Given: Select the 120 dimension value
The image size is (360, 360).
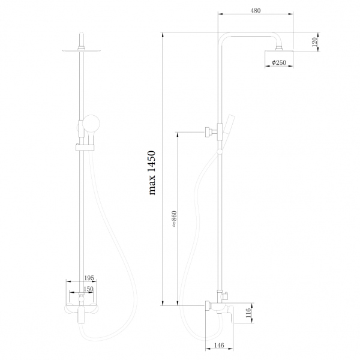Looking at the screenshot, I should tap(314, 43).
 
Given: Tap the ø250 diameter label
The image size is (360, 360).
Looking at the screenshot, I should tap(278, 63).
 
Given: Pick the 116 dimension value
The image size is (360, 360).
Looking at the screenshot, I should tap(248, 314).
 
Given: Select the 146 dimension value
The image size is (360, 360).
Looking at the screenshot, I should tap(220, 346).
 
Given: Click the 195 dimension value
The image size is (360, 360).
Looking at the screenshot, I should tap(89, 278).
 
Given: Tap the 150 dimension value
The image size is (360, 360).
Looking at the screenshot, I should tap(89, 289).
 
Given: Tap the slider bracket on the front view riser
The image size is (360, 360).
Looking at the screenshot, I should tap(81, 146).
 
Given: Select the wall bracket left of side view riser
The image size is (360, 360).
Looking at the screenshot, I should tap(211, 131).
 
